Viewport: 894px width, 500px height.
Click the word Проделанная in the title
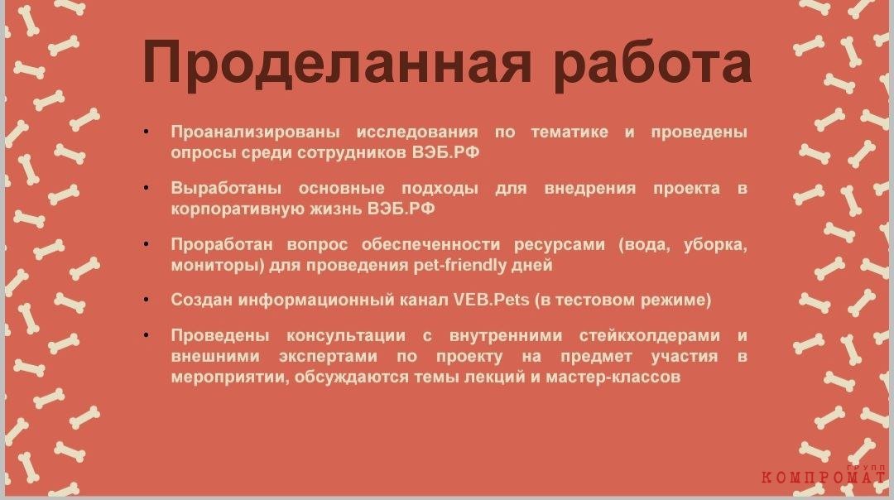336,63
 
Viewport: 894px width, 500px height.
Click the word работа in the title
651,63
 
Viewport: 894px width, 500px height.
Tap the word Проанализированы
255,132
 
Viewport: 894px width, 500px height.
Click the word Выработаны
226,188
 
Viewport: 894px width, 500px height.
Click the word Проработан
221,244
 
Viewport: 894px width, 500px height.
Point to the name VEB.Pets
492,300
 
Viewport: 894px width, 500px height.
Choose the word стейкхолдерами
650,336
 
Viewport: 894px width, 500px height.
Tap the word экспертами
328,357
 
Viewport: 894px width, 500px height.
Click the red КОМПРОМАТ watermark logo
824,475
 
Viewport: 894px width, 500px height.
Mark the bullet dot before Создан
147,300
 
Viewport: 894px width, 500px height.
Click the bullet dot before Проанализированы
147,132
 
